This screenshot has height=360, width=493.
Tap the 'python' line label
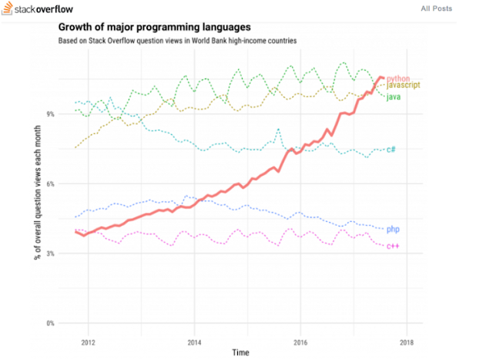pos(397,78)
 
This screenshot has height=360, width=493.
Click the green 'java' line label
pos(392,96)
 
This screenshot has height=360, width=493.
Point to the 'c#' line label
pos(391,150)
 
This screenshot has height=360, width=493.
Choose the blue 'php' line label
pos(392,229)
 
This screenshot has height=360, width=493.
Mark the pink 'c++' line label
pos(392,246)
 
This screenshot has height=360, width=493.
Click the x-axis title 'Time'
pos(241,352)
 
